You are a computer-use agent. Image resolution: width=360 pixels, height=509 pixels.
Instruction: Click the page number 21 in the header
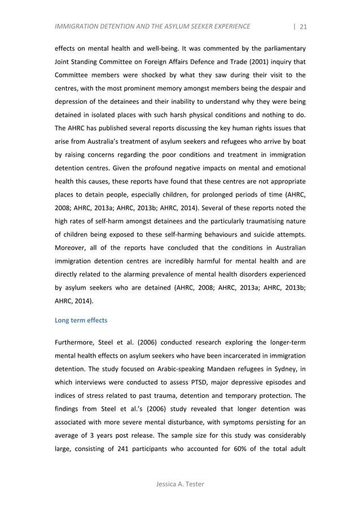coord(303,26)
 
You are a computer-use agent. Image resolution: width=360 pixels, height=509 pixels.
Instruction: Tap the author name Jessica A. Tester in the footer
coord(180,484)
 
